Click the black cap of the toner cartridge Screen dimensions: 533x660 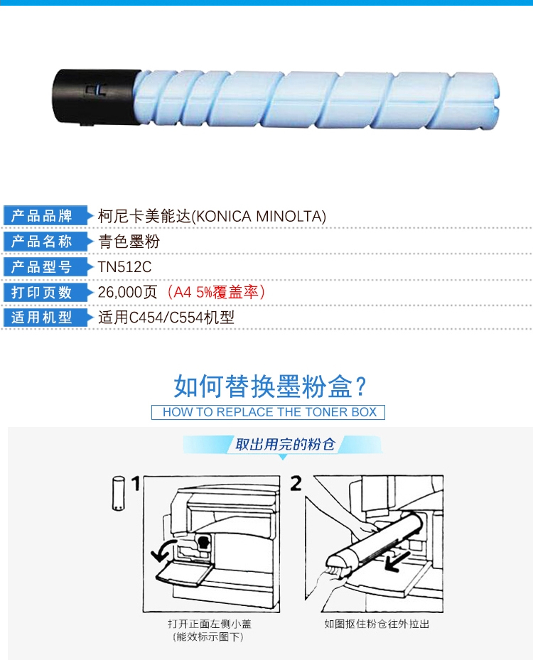pyautogui.click(x=95, y=97)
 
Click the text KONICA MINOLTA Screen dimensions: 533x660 pyautogui.click(x=259, y=217)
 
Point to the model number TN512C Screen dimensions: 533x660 pyautogui.click(x=124, y=267)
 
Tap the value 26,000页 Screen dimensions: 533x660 pyautogui.click(x=128, y=292)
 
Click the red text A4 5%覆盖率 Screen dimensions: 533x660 pyautogui.click(x=216, y=292)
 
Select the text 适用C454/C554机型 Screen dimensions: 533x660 pyautogui.click(x=166, y=318)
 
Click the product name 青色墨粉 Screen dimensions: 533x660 pyautogui.click(x=129, y=242)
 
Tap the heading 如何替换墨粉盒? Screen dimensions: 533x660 pyautogui.click(x=270, y=386)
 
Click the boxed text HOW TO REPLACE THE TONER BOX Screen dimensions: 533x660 pyautogui.click(x=268, y=412)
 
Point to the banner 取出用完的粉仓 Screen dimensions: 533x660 pyautogui.click(x=285, y=444)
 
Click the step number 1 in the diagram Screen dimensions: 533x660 pyautogui.click(x=136, y=484)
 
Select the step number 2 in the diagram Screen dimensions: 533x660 pyautogui.click(x=296, y=484)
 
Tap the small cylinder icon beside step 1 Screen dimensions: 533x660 pyautogui.click(x=119, y=493)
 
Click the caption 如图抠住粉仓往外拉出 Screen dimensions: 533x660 pyautogui.click(x=377, y=624)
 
